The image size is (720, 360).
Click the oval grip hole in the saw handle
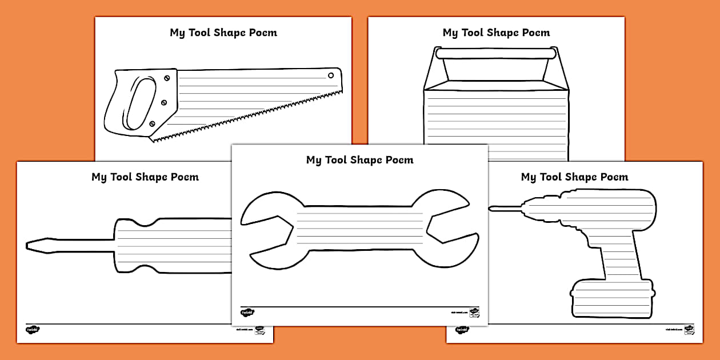click(x=139, y=103)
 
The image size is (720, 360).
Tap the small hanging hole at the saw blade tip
click(x=330, y=75)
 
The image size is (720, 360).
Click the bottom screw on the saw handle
click(x=152, y=123)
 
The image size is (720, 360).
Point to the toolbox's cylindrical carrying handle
click(x=495, y=53)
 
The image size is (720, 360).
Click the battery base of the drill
click(x=611, y=298)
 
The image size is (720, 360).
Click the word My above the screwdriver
click(x=99, y=177)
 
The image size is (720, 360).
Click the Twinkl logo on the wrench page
click(x=247, y=313)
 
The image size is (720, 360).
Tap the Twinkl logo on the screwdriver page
click(x=33, y=330)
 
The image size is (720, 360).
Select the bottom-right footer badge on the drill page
click(x=689, y=330)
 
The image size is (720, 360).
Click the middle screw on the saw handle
click(x=164, y=102)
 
